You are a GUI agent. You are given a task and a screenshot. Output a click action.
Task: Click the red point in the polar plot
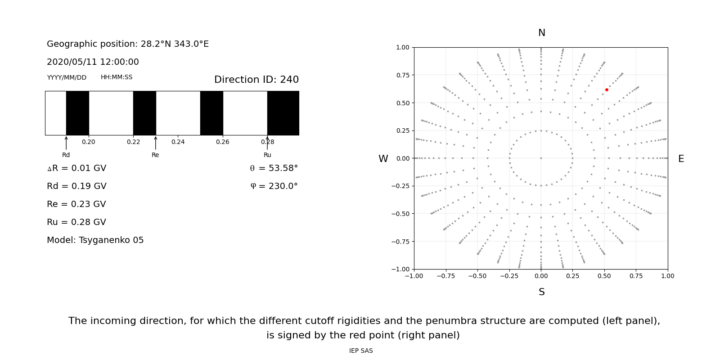pyautogui.click(x=607, y=90)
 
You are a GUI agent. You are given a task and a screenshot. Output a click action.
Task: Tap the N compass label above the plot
pyautogui.click(x=541, y=33)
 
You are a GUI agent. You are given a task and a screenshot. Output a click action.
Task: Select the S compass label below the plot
pyautogui.click(x=541, y=292)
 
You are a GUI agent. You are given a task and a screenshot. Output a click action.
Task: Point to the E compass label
pyautogui.click(x=681, y=159)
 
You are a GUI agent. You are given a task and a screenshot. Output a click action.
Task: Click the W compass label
pyautogui.click(x=383, y=159)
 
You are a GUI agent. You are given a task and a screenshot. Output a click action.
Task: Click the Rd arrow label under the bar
pyautogui.click(x=66, y=155)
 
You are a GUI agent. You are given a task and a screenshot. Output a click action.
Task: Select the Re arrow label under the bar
pyautogui.click(x=155, y=155)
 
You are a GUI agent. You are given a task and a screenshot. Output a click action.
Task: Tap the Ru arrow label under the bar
pyautogui.click(x=267, y=155)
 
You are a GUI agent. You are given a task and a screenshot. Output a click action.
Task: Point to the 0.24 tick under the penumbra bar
pyautogui.click(x=178, y=142)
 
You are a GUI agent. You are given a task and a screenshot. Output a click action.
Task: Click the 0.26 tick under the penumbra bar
pyautogui.click(x=222, y=142)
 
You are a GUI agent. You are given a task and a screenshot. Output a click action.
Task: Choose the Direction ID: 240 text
pyautogui.click(x=256, y=80)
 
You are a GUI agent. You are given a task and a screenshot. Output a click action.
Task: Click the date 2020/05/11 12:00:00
pyautogui.click(x=93, y=62)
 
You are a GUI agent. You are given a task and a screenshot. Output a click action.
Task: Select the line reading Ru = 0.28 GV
pyautogui.click(x=76, y=222)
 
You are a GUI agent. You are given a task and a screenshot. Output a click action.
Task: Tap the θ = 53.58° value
pyautogui.click(x=274, y=168)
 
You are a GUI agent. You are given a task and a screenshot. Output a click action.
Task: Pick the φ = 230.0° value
pyautogui.click(x=274, y=186)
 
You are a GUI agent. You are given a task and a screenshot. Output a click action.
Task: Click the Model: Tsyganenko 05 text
pyautogui.click(x=95, y=240)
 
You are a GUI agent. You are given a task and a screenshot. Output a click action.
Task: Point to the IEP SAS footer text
pyautogui.click(x=361, y=351)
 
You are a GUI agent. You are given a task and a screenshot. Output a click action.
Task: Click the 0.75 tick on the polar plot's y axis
pyautogui.click(x=402, y=75)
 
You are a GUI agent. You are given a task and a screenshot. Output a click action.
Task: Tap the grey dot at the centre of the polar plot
pyautogui.click(x=541, y=158)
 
